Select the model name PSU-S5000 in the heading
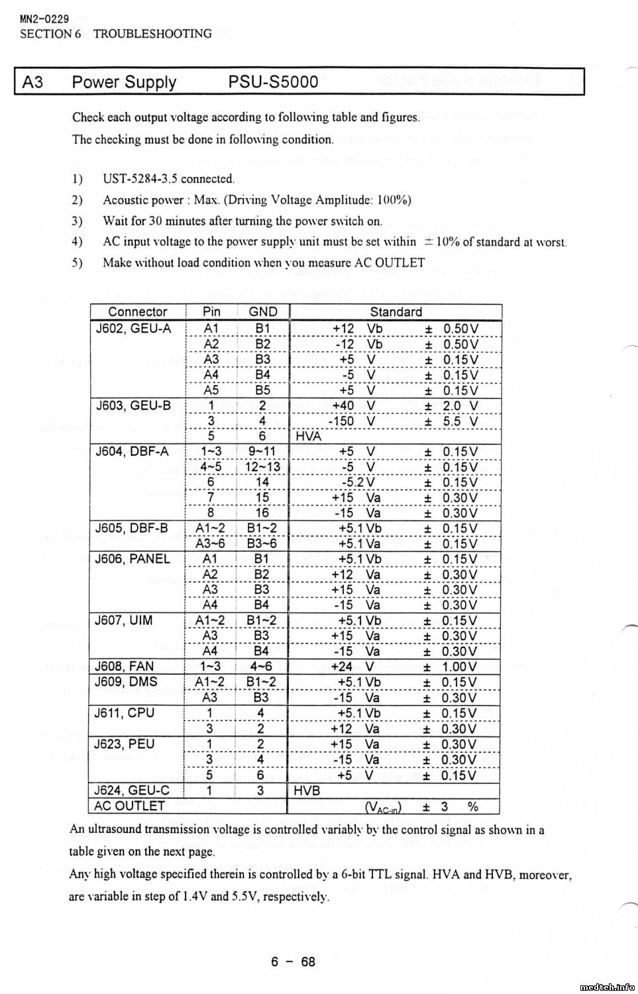pos(273,82)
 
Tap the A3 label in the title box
pos(32,82)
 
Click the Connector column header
pos(138,311)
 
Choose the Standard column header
pos(396,311)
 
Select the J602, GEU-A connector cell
pos(133,328)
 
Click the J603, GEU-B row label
pos(133,406)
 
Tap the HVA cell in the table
pos(308,436)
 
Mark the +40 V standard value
pos(353,406)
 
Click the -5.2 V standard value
pos(358,482)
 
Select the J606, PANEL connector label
pos(133,559)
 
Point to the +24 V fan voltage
pos(352,667)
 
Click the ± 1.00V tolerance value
pos(451,667)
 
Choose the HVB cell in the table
pos(307,791)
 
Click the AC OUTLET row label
pos(129,806)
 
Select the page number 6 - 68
pos(293,962)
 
